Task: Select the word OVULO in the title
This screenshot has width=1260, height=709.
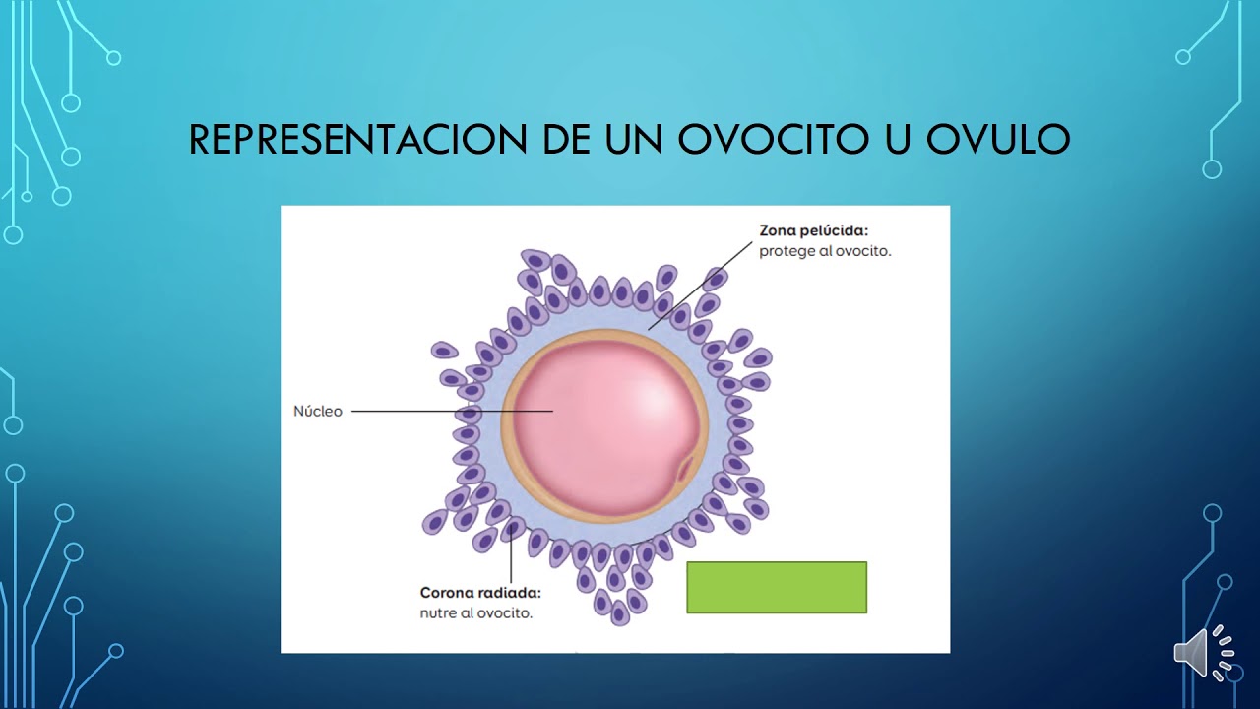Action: click(x=998, y=140)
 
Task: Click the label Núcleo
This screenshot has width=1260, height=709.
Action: click(x=318, y=412)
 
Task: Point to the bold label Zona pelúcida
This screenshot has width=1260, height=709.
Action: click(x=814, y=231)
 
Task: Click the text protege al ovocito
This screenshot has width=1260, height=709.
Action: click(x=825, y=251)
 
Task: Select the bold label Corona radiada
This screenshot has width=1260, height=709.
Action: click(x=480, y=593)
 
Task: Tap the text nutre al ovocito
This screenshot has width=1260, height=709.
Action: click(x=475, y=612)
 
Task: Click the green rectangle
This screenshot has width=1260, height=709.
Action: click(x=777, y=588)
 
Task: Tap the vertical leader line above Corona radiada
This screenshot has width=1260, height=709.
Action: click(x=511, y=556)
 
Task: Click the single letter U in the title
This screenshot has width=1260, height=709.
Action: click(x=886, y=140)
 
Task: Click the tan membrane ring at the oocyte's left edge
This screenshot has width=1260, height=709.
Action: click(x=507, y=423)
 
